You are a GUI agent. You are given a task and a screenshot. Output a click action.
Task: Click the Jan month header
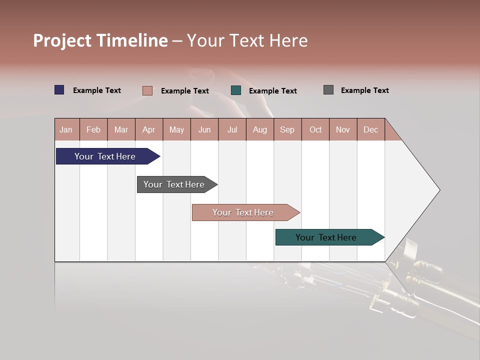coord(66,129)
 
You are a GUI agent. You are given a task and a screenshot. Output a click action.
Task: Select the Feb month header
coord(93,129)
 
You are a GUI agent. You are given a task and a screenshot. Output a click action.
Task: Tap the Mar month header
coord(121,129)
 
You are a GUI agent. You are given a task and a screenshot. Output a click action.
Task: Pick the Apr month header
coord(149,129)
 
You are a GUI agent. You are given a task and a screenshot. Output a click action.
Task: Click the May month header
coord(176,129)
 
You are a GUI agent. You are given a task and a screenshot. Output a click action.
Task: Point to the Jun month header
coord(204,129)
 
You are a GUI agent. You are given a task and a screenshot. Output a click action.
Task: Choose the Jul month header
coord(232,129)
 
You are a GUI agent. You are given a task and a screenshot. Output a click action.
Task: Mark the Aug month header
coord(260,129)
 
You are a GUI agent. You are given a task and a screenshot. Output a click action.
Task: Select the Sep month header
coord(287,129)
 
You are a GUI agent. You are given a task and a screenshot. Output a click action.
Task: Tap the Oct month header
coord(315,129)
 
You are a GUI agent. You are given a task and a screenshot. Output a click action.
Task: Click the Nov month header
coord(343,129)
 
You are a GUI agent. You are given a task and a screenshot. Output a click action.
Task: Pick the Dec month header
coord(371,129)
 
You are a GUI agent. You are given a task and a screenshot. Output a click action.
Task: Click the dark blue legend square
coord(59,90)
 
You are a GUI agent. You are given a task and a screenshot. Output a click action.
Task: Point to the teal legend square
coord(236,90)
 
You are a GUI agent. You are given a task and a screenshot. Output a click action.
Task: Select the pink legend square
coord(147,90)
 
